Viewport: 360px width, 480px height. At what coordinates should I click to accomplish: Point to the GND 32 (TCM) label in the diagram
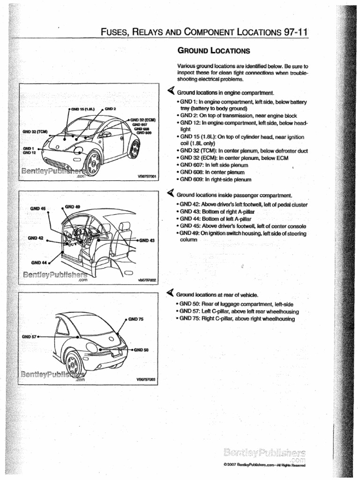click(x=35, y=131)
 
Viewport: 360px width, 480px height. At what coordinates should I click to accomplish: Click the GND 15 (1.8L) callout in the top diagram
click(x=83, y=109)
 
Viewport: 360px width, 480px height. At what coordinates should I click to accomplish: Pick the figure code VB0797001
click(x=146, y=177)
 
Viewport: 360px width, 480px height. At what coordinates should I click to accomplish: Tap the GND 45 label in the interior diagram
click(x=38, y=208)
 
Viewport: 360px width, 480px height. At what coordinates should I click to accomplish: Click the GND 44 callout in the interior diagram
click(x=39, y=262)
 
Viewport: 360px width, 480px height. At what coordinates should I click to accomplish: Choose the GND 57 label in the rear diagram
click(x=29, y=337)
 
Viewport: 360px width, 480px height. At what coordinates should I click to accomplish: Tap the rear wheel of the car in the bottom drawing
click(x=74, y=363)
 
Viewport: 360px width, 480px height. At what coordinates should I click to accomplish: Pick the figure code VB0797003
click(x=146, y=380)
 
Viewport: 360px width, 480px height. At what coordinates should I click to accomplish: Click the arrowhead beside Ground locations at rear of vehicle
click(x=171, y=294)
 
